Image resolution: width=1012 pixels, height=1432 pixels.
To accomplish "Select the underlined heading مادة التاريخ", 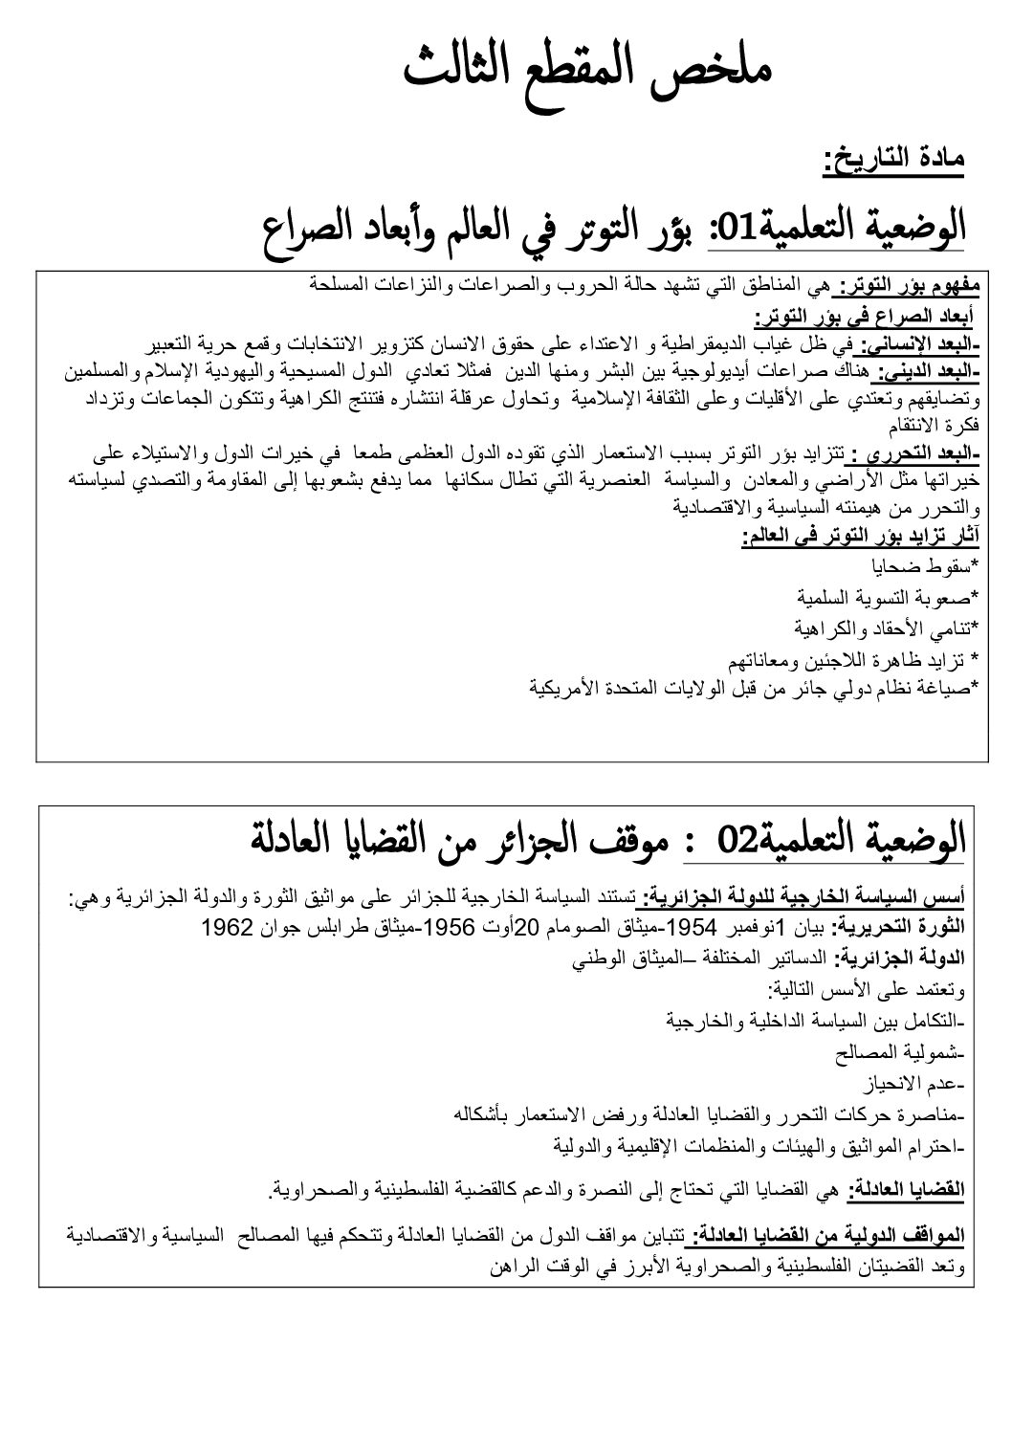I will pos(893,159).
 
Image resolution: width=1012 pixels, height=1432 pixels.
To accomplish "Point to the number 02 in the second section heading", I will pos(737,842).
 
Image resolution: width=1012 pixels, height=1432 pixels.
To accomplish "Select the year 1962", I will pos(227,926).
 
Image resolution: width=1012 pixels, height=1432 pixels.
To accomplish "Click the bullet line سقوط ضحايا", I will pos(933,563).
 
